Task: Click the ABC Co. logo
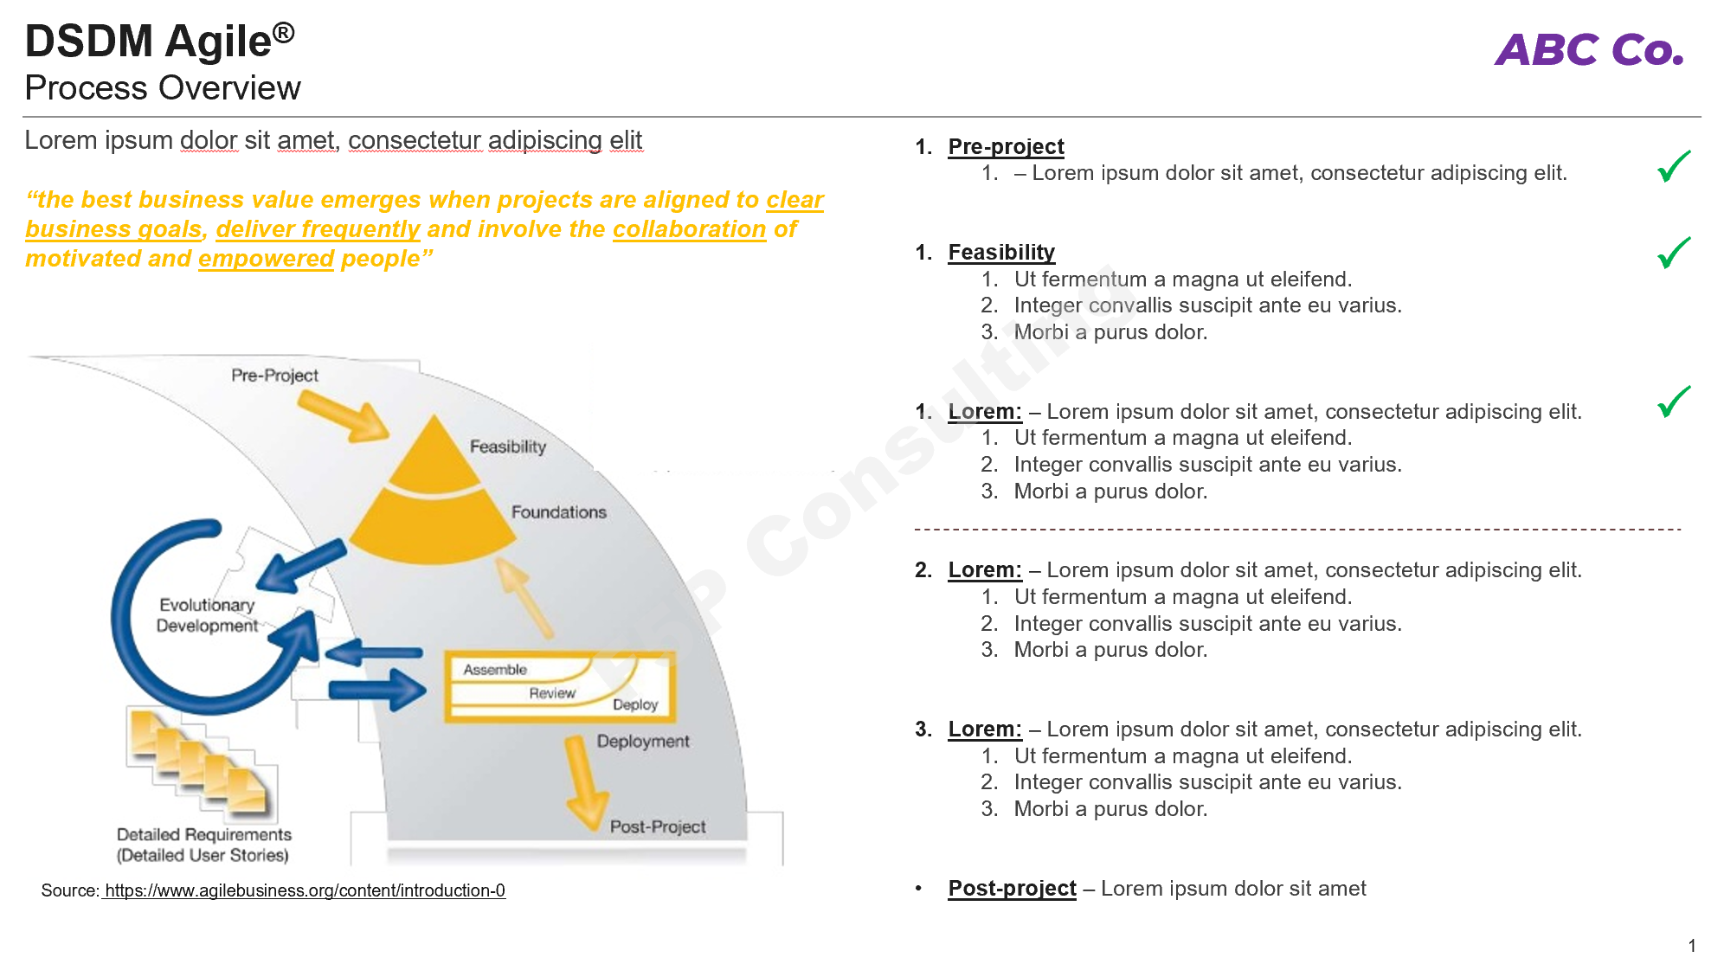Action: pyautogui.click(x=1589, y=49)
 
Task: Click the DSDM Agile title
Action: pyautogui.click(x=160, y=42)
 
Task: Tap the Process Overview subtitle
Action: pyautogui.click(x=163, y=88)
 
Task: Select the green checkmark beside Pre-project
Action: pyautogui.click(x=1673, y=166)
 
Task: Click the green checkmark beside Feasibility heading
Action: pyautogui.click(x=1673, y=253)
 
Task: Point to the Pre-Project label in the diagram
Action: pyautogui.click(x=274, y=376)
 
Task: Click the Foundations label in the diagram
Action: pyautogui.click(x=558, y=512)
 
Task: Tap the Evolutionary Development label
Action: pyautogui.click(x=207, y=615)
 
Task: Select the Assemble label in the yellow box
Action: pyautogui.click(x=494, y=670)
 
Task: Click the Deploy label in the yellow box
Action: pyautogui.click(x=635, y=704)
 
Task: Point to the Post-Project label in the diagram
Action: pyautogui.click(x=658, y=826)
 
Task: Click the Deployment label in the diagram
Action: pyautogui.click(x=643, y=742)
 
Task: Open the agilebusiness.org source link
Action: pyautogui.click(x=304, y=890)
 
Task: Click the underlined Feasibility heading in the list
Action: pyautogui.click(x=1001, y=253)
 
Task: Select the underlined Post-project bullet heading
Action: pyautogui.click(x=1012, y=889)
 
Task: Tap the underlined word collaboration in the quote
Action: pyautogui.click(x=689, y=229)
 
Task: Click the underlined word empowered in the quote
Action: pyautogui.click(x=266, y=259)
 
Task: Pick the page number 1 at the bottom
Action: pyautogui.click(x=1691, y=946)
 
